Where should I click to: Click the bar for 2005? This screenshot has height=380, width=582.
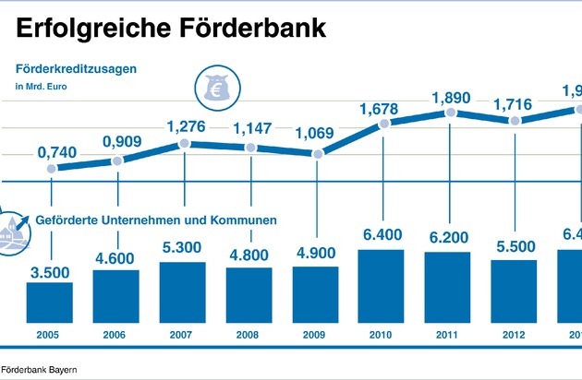tap(50, 302)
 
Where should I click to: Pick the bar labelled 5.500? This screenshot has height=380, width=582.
tap(515, 291)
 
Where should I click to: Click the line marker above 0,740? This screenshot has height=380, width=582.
tap(51, 169)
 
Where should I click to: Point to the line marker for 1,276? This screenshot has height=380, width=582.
tap(184, 144)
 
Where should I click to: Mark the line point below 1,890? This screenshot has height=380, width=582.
tap(450, 113)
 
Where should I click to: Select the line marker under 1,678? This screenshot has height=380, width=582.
tap(382, 123)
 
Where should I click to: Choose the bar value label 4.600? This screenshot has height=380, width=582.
tap(116, 255)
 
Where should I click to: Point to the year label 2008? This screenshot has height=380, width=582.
tap(249, 335)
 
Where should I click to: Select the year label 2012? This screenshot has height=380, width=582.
tap(515, 335)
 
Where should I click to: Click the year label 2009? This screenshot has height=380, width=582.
tap(316, 335)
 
